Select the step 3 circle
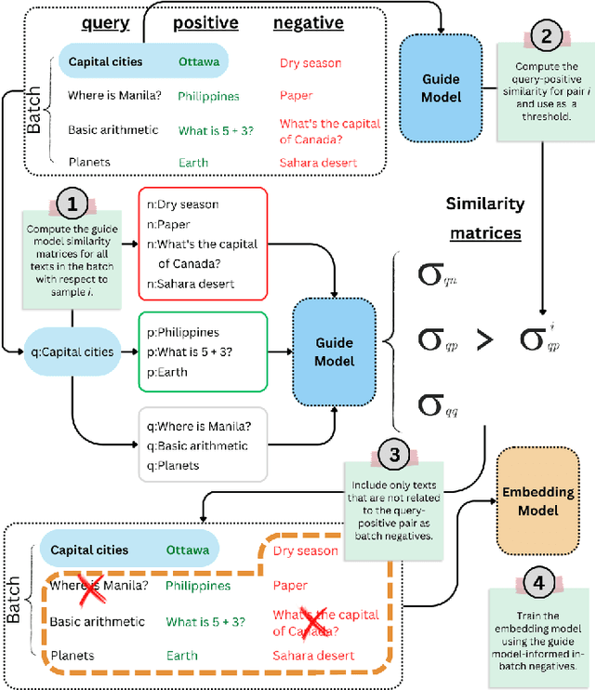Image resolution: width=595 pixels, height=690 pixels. pyautogui.click(x=395, y=455)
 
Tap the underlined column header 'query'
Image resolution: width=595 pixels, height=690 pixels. pyautogui.click(x=105, y=22)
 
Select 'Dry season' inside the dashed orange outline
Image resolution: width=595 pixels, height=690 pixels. pyautogui.click(x=305, y=551)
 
